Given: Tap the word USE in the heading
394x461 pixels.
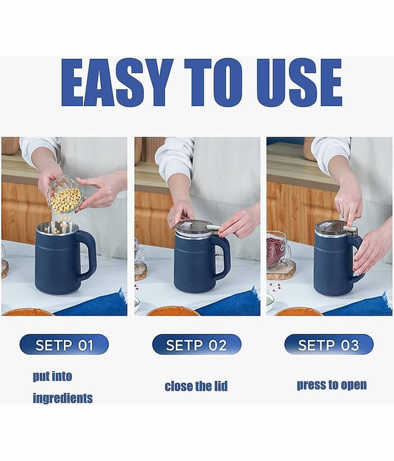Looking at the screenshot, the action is coord(299,82).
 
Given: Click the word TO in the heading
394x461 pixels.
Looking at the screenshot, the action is coord(213,82).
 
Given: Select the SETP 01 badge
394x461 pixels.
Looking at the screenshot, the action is coord(64,344).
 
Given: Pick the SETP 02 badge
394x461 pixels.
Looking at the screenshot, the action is coord(197,344).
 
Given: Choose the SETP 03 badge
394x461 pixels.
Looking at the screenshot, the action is coord(329,344).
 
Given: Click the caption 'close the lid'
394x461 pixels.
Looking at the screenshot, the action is coord(196,386).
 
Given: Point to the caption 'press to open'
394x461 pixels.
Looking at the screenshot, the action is coord(332,385).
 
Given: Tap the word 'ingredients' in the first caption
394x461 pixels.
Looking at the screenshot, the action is coord(63,398).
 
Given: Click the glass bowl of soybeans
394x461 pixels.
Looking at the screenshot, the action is coord(65,195).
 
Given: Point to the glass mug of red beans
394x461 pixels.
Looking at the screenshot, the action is coord(278,250).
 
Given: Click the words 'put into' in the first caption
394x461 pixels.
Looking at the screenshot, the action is coord(52,376).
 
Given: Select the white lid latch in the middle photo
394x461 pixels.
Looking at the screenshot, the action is coord(213,228).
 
